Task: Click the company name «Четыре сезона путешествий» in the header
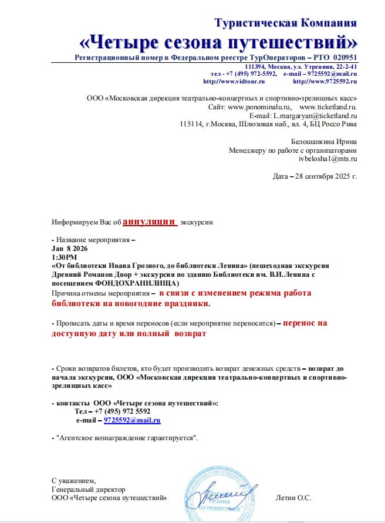coord(218,42)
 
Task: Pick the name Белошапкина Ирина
coord(324,142)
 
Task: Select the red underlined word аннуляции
coord(150,222)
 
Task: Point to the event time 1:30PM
coord(64,257)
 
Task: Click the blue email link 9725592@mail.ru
coord(132,421)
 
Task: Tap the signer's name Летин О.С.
coord(293,498)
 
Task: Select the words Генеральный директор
coord(88,489)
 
